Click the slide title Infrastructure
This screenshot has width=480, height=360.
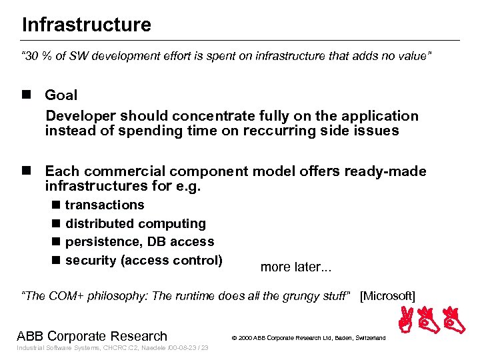pyautogui.click(x=86, y=25)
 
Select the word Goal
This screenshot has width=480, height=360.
pyautogui.click(x=61, y=95)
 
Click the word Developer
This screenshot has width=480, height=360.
pyautogui.click(x=78, y=116)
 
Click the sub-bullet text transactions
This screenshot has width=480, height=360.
pyautogui.click(x=105, y=205)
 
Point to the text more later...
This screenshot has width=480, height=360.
pyautogui.click(x=295, y=267)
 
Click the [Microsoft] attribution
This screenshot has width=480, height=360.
pyautogui.click(x=387, y=296)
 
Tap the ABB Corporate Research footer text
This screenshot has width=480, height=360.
pyautogui.click(x=92, y=336)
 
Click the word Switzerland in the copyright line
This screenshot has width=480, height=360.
pyautogui.click(x=368, y=338)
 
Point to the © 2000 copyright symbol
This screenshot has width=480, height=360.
pyautogui.click(x=235, y=338)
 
